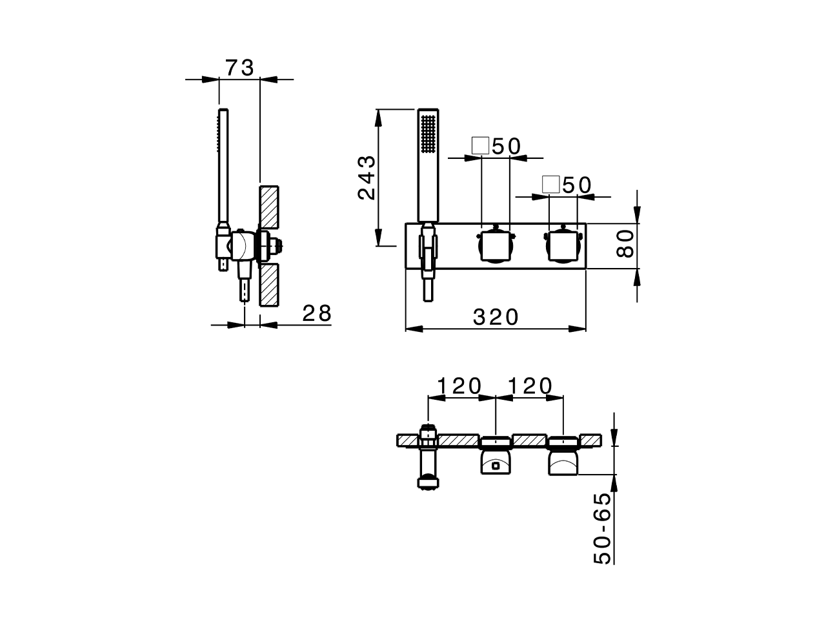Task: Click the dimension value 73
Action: (239, 67)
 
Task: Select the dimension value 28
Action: (316, 313)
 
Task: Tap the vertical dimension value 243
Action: (366, 178)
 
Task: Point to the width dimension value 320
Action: (496, 317)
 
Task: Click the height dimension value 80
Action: (625, 245)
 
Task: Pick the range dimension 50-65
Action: (601, 528)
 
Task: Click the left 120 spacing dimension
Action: (459, 386)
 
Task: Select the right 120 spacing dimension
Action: (530, 386)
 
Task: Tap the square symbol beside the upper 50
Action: (480, 145)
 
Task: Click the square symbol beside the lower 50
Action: (550, 184)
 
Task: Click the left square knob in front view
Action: (496, 245)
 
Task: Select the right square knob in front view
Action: (563, 245)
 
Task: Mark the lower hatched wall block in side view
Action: (269, 285)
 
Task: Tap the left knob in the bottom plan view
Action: (495, 461)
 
